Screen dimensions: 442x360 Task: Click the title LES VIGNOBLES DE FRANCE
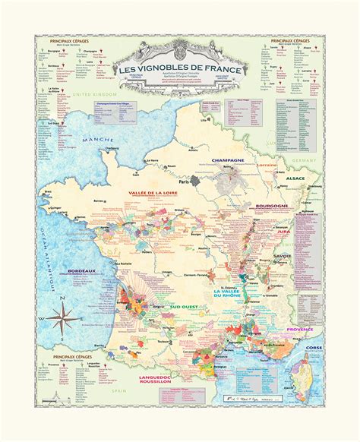pyautogui.click(x=180, y=70)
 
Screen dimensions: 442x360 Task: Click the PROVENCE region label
pyautogui.click(x=300, y=330)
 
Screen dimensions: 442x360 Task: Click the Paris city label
pyautogui.click(x=182, y=182)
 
